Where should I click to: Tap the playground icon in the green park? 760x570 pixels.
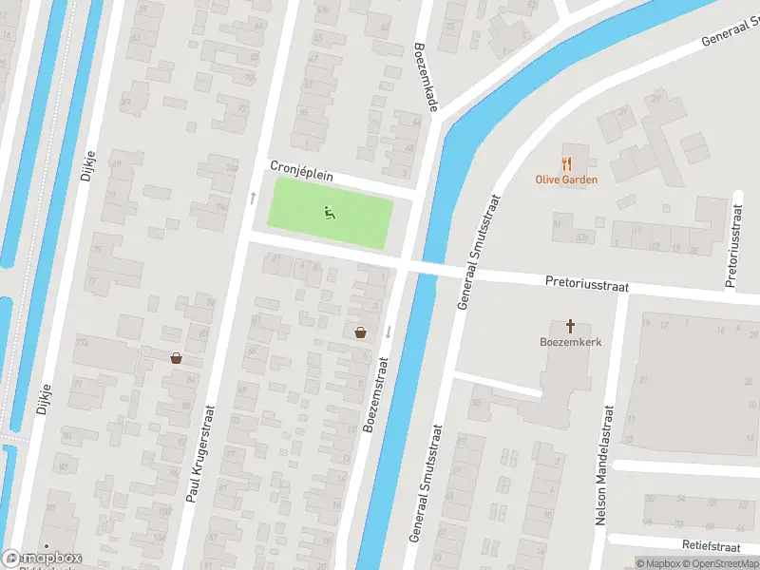click(330, 214)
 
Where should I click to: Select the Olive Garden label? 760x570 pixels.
click(567, 180)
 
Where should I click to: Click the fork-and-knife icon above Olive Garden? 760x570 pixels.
click(567, 162)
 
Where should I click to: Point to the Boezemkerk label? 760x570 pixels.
click(571, 342)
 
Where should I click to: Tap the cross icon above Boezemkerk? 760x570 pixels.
click(571, 325)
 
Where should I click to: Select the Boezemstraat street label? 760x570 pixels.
click(377, 394)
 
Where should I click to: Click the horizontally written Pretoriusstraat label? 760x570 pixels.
click(587, 283)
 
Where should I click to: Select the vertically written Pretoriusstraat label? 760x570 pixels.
click(733, 246)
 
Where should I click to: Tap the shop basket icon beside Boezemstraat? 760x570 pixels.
click(361, 332)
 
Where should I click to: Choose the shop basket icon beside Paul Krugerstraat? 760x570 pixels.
click(176, 358)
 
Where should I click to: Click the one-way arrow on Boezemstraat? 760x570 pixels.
click(389, 332)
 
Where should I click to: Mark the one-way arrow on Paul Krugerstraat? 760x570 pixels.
click(253, 198)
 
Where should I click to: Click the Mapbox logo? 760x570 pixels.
click(43, 559)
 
